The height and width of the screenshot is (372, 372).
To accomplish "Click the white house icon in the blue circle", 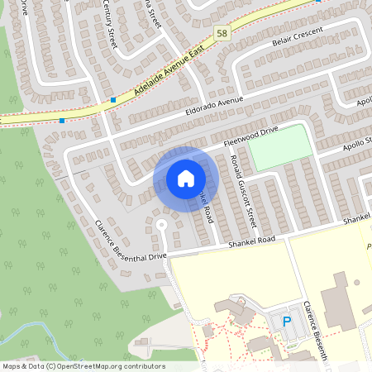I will (186, 178).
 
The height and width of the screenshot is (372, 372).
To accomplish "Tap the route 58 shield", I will (222, 33).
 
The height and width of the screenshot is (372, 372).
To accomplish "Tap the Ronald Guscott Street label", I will (244, 190).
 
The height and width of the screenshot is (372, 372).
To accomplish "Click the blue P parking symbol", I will (287, 322).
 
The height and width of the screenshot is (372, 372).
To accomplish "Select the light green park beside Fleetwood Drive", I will (281, 148).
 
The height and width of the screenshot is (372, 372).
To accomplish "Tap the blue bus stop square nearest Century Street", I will (112, 100).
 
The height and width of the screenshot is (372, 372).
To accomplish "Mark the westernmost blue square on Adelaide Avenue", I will (62, 120).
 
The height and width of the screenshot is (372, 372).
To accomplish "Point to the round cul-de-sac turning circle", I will (162, 225).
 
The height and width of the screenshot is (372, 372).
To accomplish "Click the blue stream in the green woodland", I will (41, 335).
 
